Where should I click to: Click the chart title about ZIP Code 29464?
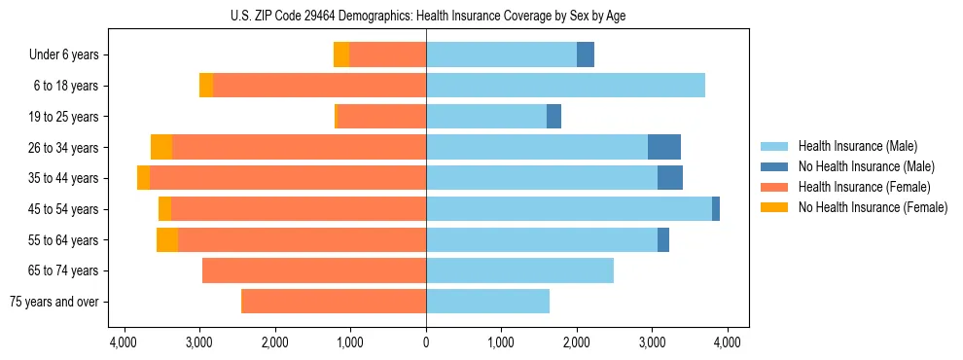coord(426,16)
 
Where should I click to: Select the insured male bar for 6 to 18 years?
coord(565,86)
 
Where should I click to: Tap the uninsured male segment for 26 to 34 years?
coord(664,147)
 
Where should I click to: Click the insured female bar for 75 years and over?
coord(334,301)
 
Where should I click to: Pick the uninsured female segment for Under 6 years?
coord(341,54)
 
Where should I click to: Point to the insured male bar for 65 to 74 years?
coord(519,270)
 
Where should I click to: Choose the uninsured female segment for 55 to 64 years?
coord(167,239)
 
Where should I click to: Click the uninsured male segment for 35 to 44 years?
coord(670,178)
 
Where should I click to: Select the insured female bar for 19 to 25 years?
coord(381,117)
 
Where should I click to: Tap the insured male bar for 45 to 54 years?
coord(569,208)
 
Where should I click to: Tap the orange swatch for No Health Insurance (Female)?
coord(775,207)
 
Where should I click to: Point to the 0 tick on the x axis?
coord(426,342)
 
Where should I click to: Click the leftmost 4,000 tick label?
coord(124,342)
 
